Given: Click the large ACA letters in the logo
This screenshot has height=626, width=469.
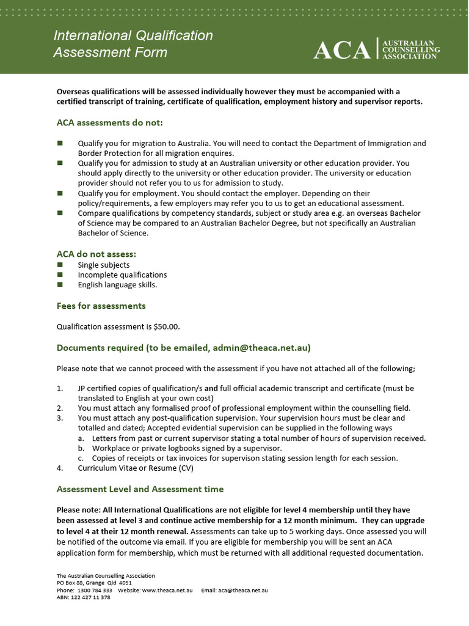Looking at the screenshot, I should tap(342, 50).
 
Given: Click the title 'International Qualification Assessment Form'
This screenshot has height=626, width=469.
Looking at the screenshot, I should tap(133, 44).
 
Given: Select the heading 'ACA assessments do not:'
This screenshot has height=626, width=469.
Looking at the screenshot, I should tap(110, 123).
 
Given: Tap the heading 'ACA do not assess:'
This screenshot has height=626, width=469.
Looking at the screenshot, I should tap(96, 254).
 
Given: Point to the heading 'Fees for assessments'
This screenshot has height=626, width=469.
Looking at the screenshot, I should tap(101, 306).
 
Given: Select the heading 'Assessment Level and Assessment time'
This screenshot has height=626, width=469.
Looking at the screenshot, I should tap(140, 489).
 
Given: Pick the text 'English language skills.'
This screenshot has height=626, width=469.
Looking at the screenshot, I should tap(117, 285).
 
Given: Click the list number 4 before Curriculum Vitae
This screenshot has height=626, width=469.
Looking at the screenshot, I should tap(60, 468).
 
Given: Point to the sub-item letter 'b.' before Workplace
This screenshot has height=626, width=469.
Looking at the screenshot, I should tap(81, 448).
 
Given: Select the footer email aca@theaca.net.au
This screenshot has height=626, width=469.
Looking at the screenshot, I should tap(243, 591).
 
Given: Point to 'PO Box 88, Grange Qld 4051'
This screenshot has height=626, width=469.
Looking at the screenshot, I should tap(94, 583).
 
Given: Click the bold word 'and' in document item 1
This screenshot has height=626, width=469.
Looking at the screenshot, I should tap(211, 388).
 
